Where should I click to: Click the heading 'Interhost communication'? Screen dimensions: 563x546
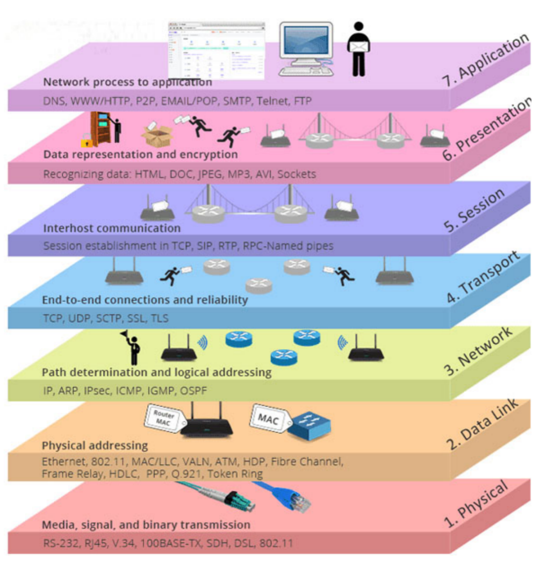(x=112, y=228)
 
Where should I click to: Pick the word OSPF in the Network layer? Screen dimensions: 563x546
(x=192, y=391)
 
